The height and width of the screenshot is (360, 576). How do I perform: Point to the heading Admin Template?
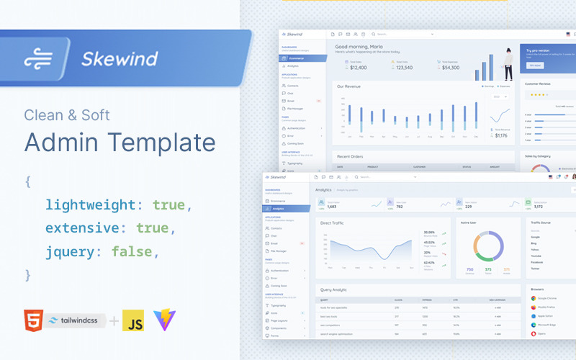point(120,140)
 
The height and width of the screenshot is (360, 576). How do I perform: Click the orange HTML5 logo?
point(32,320)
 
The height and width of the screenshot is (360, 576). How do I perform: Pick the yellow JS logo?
point(132,321)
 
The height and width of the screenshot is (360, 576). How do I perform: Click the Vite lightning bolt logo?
point(163,320)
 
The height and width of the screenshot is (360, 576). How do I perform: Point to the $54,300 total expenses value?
point(450,68)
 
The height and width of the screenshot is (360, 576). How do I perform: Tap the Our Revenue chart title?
point(349,86)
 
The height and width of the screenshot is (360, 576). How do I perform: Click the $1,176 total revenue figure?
point(500,135)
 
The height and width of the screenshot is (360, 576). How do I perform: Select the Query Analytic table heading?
point(333,289)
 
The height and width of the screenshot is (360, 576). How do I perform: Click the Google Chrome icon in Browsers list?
point(534,297)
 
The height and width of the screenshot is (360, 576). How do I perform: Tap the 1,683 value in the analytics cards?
point(332,207)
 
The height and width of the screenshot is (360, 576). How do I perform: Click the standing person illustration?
point(508,63)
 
